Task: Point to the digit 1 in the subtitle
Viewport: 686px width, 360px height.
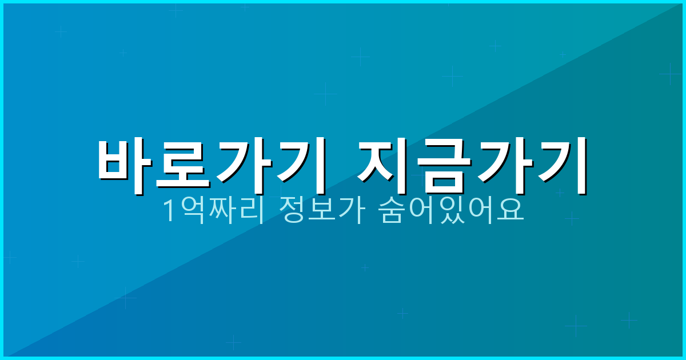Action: (170, 211)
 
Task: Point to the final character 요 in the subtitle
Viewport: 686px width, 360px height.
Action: (509, 210)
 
